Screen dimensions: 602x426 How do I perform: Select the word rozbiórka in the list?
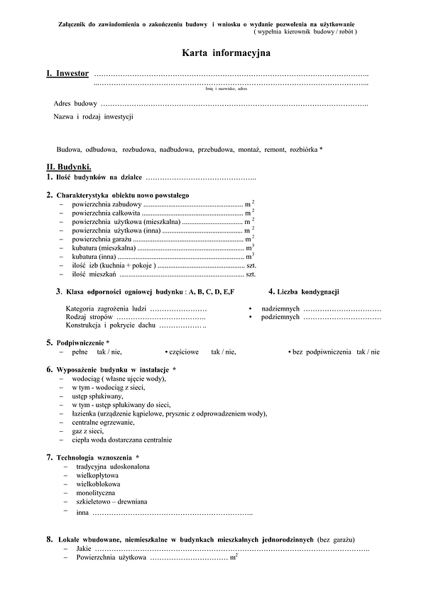[303, 149]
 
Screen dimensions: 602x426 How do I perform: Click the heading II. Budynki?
[69, 166]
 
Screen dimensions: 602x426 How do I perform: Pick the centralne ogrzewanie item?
[103, 422]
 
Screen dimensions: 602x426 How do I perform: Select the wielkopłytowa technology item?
[97, 475]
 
